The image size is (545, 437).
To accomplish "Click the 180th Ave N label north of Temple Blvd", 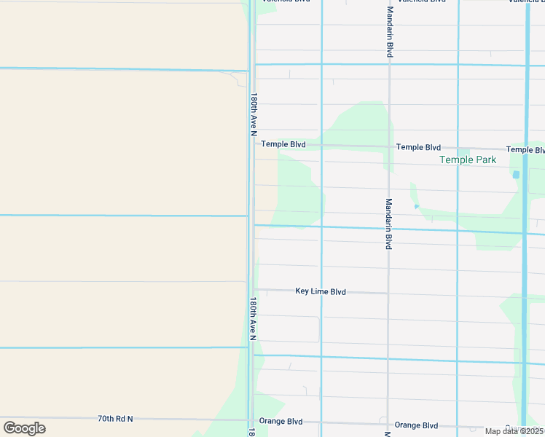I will tap(254, 114).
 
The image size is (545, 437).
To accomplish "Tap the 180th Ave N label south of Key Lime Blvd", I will tap(253, 319).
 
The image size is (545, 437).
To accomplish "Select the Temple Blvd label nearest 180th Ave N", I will tap(283, 144).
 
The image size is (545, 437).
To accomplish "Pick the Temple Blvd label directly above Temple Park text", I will tap(418, 147).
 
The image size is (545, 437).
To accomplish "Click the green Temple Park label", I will tap(468, 160).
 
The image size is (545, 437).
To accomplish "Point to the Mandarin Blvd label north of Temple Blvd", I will tap(390, 33).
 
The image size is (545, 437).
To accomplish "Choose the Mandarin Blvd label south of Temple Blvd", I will tap(389, 224).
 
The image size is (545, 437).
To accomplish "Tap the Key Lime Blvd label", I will tap(321, 291).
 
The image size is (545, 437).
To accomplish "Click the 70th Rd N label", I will tap(115, 419).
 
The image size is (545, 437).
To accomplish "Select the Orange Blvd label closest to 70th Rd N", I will tap(284, 421).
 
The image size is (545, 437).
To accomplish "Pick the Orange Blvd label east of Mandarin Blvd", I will tap(416, 425).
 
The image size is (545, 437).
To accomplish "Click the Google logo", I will tap(24, 428).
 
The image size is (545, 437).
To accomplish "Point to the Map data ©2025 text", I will tap(514, 431).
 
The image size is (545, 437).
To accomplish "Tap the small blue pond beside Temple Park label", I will tap(516, 175).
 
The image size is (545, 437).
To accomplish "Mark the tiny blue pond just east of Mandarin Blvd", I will tap(416, 207).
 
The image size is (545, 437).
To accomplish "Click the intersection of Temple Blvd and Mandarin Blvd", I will tap(389, 146).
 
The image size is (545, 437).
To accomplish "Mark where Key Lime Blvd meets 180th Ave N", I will tap(253, 289).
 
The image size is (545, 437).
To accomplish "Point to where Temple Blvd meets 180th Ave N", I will tap(253, 143).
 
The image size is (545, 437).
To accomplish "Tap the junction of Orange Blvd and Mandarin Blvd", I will tap(388, 424).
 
